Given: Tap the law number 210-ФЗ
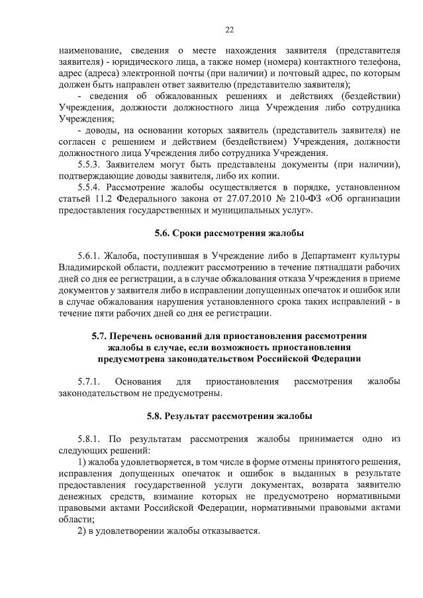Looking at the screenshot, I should click(293, 199).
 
